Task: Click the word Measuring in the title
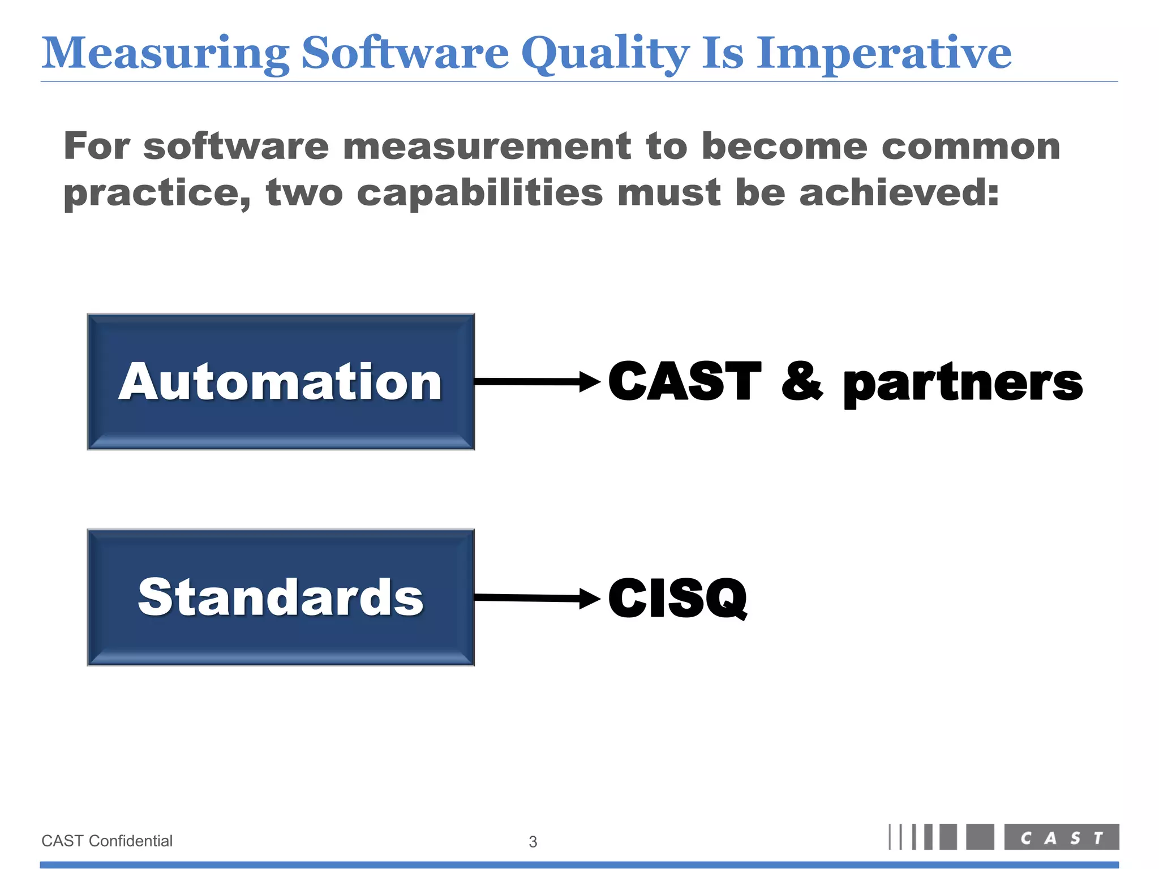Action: click(x=165, y=54)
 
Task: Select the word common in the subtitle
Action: click(x=971, y=147)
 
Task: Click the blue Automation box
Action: click(x=281, y=382)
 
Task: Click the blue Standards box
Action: click(x=281, y=597)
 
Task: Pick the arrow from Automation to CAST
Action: click(x=536, y=382)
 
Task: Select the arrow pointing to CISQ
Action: click(x=536, y=597)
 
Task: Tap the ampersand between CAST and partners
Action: click(x=802, y=381)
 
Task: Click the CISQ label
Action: click(x=677, y=598)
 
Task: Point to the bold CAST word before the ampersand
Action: click(x=685, y=381)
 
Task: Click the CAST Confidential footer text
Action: click(x=107, y=841)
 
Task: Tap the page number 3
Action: click(x=533, y=842)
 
